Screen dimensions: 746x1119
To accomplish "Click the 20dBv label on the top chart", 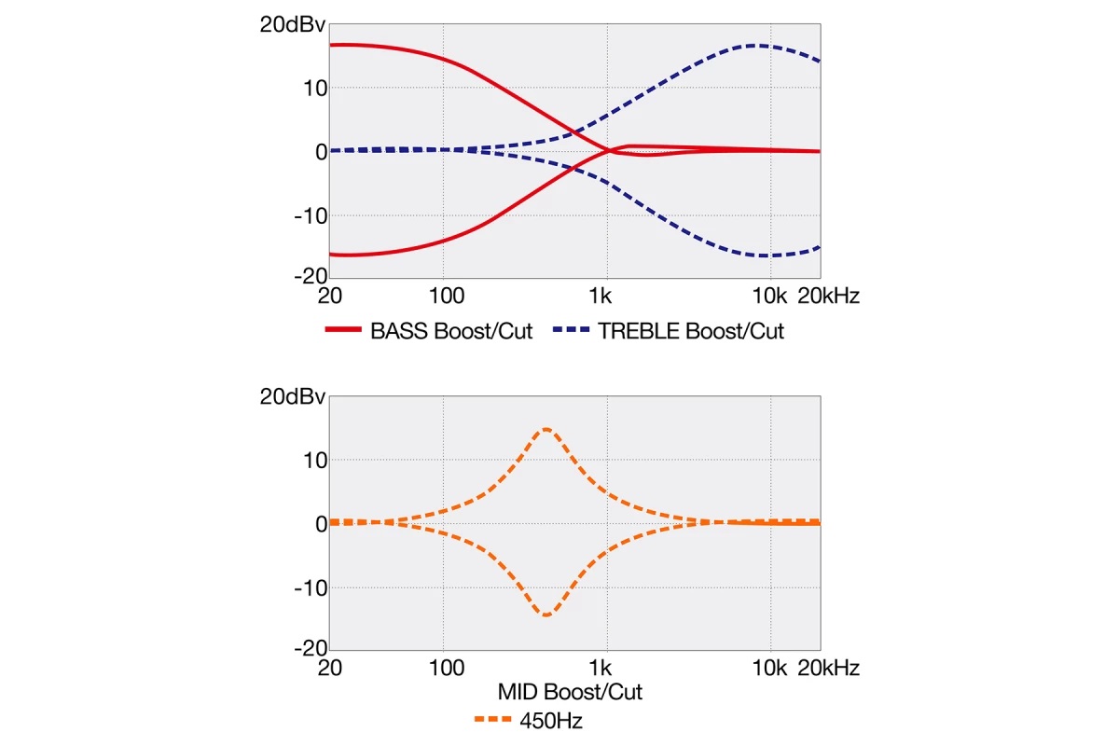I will (293, 25).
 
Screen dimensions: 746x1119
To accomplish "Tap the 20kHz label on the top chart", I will (827, 297).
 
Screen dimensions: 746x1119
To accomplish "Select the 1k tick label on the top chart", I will (601, 297).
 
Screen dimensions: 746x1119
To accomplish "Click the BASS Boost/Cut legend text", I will (451, 332).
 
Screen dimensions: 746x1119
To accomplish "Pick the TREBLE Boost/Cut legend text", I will (691, 332).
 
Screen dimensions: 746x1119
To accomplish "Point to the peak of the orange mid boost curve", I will (546, 429).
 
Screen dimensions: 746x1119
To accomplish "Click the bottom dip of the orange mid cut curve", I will (546, 615).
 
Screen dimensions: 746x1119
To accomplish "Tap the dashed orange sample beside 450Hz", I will (491, 720).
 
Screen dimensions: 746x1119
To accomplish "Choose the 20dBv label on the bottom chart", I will (293, 397).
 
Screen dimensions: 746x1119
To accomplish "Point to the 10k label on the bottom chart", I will (770, 669).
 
